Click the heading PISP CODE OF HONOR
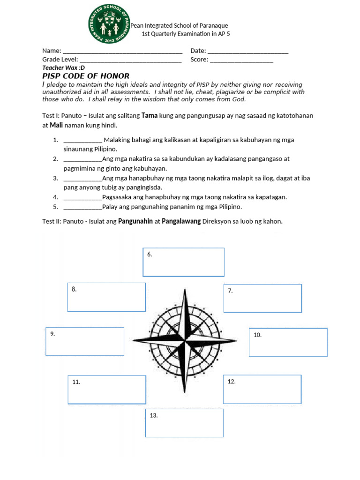pyautogui.click(x=86, y=76)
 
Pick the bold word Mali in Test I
pyautogui.click(x=56, y=125)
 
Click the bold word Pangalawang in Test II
pyautogui.click(x=181, y=221)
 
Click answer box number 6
pyautogui.click(x=183, y=262)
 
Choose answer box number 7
pyautogui.click(x=262, y=298)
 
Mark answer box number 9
pyautogui.click(x=85, y=341)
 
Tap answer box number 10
pyautogui.click(x=288, y=342)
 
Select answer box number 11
pyautogui.click(x=106, y=390)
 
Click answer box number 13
pyautogui.click(x=184, y=423)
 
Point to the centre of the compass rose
pyautogui.click(x=185, y=338)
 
